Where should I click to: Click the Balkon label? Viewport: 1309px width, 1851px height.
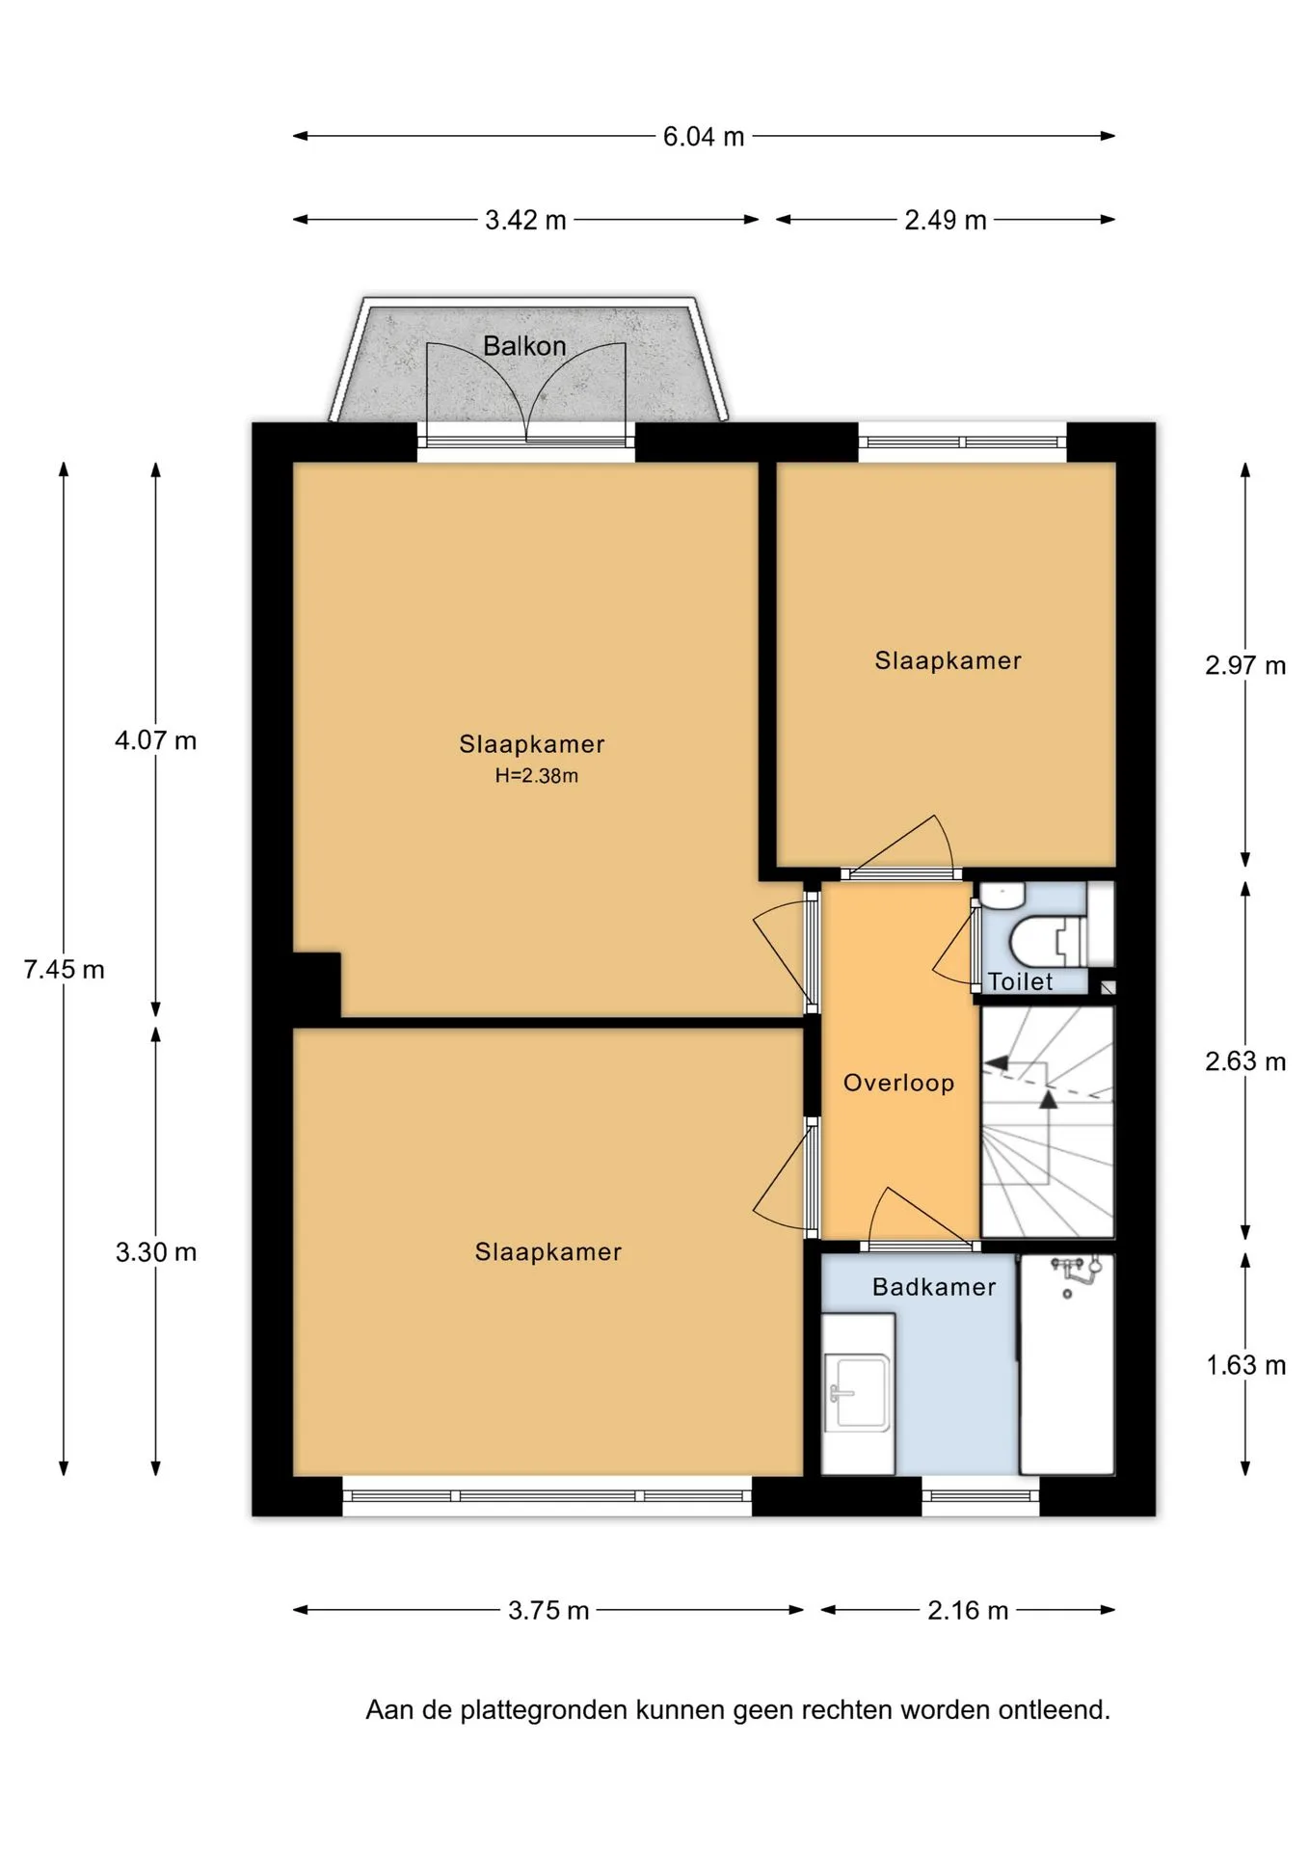point(524,346)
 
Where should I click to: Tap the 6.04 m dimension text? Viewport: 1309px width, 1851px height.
point(704,137)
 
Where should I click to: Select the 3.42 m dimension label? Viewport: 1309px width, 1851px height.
point(525,221)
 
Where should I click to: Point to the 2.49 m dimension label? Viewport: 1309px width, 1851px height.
point(946,221)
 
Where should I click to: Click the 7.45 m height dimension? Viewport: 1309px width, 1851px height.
point(64,970)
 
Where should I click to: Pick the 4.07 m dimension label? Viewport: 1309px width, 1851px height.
point(155,740)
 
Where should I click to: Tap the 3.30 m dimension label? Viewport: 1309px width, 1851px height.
point(156,1252)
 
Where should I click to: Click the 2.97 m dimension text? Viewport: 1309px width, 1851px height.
point(1245,666)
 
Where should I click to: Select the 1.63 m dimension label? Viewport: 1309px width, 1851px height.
point(1246,1366)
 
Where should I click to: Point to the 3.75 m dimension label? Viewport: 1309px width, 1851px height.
point(548,1611)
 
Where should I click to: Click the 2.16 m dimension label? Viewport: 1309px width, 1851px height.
point(968,1611)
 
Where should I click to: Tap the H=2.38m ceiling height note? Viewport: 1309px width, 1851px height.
point(537,776)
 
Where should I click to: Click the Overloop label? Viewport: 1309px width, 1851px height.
point(899,1084)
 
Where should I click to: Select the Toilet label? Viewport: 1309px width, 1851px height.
point(1021,981)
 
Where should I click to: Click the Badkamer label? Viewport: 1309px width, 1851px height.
point(934,1287)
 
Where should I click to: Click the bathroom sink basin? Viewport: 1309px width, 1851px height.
point(858,1392)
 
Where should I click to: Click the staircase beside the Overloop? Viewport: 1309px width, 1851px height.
point(1047,1122)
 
